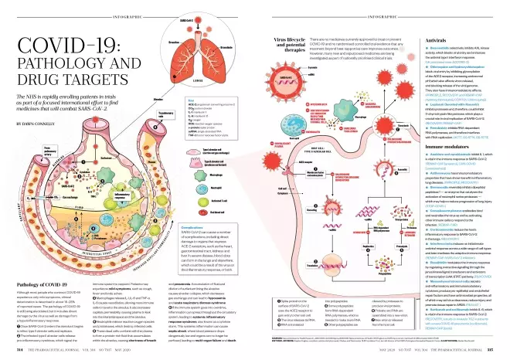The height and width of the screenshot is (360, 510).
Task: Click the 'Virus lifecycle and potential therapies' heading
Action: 282,43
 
